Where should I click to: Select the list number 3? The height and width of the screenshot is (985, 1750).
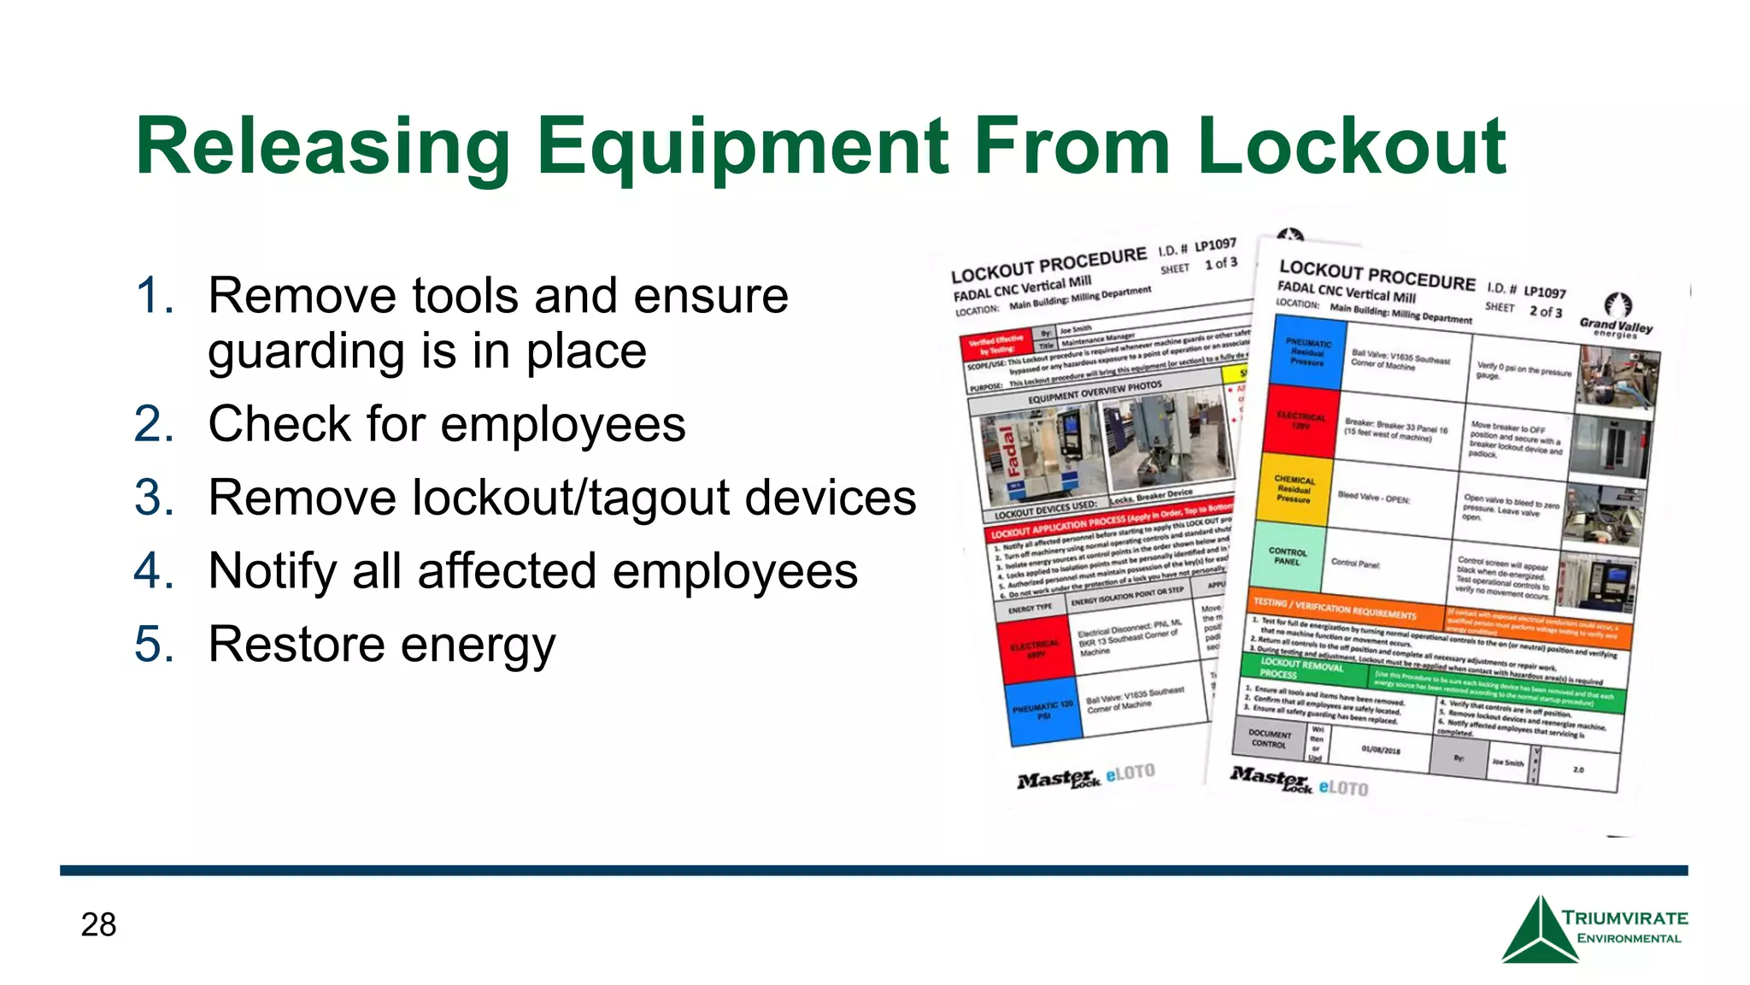coord(154,498)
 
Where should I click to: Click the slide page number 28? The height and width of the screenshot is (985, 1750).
coord(98,924)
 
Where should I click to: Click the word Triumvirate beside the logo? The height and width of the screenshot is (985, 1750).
coord(1624,918)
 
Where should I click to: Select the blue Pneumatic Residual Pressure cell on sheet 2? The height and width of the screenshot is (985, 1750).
coord(1307,351)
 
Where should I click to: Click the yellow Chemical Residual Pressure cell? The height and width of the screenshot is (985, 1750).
coord(1294,489)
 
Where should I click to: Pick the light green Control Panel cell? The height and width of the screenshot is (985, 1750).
coord(1287,557)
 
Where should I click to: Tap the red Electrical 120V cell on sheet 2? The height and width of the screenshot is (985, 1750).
coord(1301,421)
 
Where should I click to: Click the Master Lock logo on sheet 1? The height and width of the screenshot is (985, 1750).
coord(1058,779)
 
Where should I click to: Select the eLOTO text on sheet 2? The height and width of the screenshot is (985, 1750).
coord(1342,787)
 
